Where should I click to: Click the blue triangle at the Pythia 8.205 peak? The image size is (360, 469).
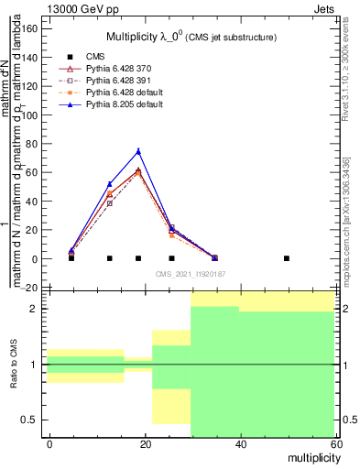pos(138,151)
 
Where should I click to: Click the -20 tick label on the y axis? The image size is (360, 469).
pos(29,289)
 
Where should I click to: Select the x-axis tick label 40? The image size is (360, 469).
pos(241,443)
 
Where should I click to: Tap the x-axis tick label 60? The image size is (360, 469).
pos(335,443)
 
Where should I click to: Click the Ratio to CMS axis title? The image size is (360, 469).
pos(14,365)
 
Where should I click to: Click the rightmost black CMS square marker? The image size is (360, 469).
pos(287,258)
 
